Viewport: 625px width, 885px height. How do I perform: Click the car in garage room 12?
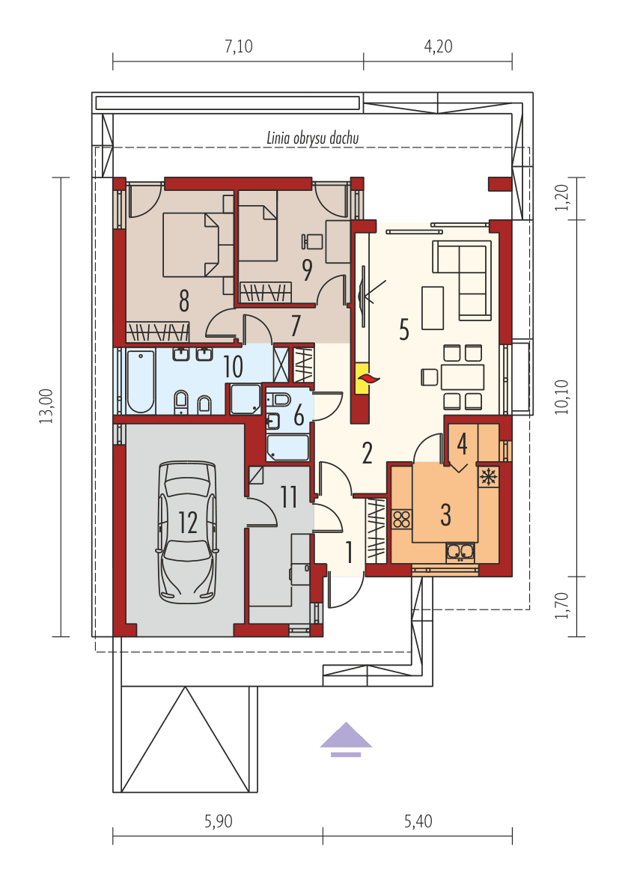click(x=187, y=532)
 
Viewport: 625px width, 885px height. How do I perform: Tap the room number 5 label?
click(x=404, y=329)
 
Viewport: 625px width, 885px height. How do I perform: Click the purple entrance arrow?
click(x=346, y=737)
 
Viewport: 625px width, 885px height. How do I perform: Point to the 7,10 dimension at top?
click(x=238, y=46)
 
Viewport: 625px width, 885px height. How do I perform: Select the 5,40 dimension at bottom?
click(x=418, y=821)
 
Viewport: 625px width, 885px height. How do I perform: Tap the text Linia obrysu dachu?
click(x=313, y=138)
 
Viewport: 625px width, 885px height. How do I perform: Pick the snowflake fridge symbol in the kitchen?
click(x=488, y=476)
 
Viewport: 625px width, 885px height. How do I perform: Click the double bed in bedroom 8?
click(x=192, y=244)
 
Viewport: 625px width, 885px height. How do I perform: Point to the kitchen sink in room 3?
click(x=460, y=552)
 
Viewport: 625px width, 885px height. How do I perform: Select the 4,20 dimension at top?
click(x=438, y=46)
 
